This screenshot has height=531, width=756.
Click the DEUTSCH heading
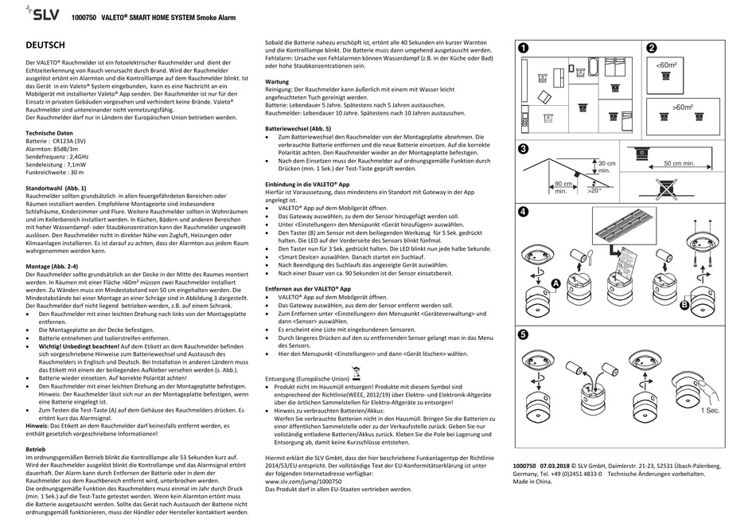click(51, 45)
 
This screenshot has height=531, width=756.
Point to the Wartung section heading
click(278, 82)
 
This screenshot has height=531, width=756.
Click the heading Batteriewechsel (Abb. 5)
click(303, 127)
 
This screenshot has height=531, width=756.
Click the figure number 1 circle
click(524, 48)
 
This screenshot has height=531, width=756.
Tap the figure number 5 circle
click(524, 335)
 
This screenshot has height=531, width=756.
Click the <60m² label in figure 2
click(666, 65)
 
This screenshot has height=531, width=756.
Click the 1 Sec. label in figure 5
click(711, 410)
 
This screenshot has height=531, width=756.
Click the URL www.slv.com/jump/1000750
click(304, 482)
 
